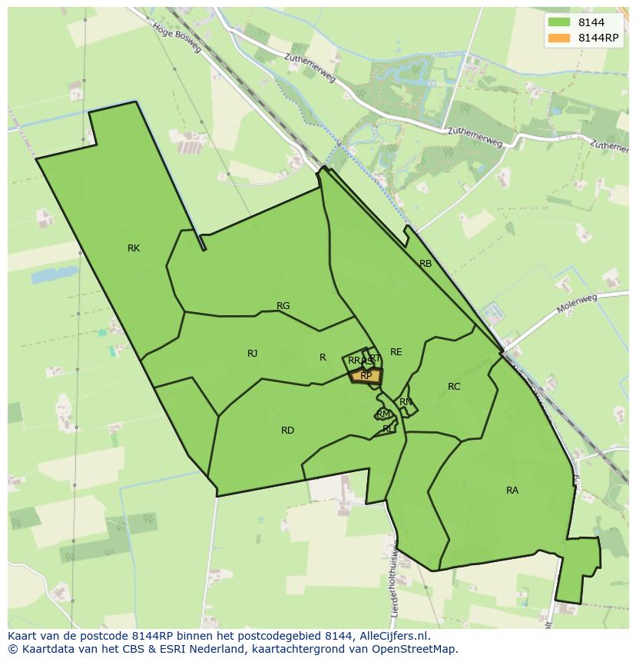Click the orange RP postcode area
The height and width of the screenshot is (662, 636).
pos(366,376)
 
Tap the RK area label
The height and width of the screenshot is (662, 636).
pos(134,248)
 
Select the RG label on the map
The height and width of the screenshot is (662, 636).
pos(283,306)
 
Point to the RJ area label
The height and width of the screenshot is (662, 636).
pos(252,354)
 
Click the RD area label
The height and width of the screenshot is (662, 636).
pos(287,431)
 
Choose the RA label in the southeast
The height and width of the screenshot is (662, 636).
pos(512,491)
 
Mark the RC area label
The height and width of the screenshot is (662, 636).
pos(454,387)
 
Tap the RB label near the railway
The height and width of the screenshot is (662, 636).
pos(426,264)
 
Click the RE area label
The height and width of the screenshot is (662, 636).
pos(396,352)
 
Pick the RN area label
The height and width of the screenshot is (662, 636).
pos(406,402)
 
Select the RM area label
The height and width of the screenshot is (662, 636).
pos(383,414)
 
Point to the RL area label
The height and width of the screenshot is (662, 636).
pos(388,429)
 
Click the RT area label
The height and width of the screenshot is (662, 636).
pos(375,358)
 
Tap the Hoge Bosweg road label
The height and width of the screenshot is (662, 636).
pos(177,37)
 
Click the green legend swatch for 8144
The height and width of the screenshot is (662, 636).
pos(558,23)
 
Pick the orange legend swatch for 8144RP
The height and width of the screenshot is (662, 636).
pos(558,38)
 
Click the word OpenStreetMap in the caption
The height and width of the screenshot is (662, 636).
pos(414,649)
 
